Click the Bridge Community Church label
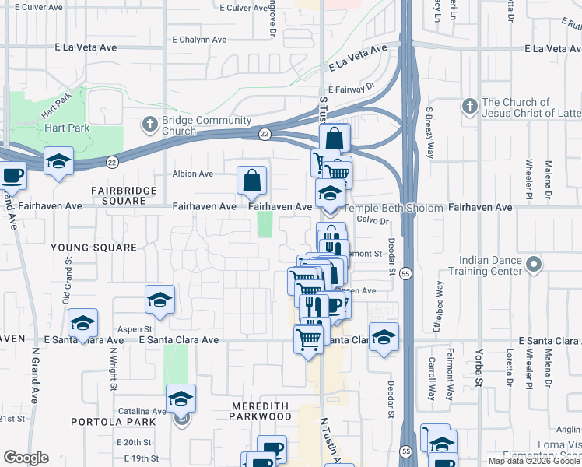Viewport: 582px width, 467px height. click(206, 125)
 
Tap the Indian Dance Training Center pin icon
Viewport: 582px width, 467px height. click(533, 265)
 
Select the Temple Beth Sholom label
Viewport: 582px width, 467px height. click(393, 209)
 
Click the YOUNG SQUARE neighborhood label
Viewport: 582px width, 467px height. click(93, 247)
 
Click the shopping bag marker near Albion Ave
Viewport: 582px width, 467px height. click(251, 181)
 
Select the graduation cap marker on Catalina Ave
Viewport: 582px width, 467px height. click(181, 399)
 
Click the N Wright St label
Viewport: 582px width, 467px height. click(114, 368)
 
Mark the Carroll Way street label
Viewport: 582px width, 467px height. click(432, 378)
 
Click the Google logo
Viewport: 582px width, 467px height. click(26, 458)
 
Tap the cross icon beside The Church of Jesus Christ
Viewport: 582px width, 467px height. click(469, 107)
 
